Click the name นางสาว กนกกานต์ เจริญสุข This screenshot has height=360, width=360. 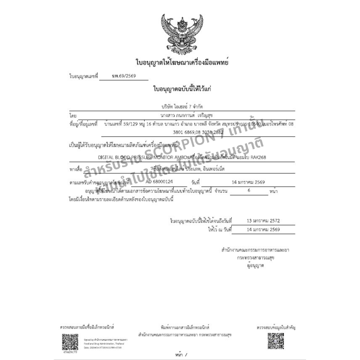tap(181, 116)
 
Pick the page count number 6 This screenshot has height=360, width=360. tap(249, 191)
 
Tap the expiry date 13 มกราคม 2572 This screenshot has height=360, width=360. tap(263, 221)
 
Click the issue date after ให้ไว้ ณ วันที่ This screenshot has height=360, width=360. tap(263, 230)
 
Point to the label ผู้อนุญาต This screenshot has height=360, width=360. tap(255, 266)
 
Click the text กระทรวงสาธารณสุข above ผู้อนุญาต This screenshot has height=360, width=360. tap(256, 258)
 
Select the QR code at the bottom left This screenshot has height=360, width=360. tap(70, 341)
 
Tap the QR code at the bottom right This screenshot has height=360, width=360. tap(276, 341)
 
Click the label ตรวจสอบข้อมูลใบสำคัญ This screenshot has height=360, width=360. tap(276, 327)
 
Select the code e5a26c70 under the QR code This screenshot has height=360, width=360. tap(70, 352)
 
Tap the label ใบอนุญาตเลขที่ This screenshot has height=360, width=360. tap(84, 76)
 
